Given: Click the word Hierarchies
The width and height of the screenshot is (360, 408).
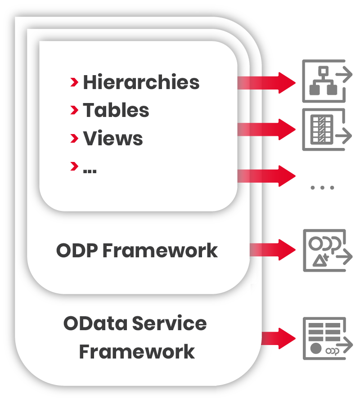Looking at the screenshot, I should (141, 82).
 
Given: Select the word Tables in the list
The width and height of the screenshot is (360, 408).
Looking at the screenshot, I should (116, 110).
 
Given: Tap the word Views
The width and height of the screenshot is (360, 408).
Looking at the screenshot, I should (112, 139).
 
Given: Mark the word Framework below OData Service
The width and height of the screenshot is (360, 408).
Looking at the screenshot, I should (137, 351).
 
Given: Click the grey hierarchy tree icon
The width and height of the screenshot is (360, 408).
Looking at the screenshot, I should (324, 81).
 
